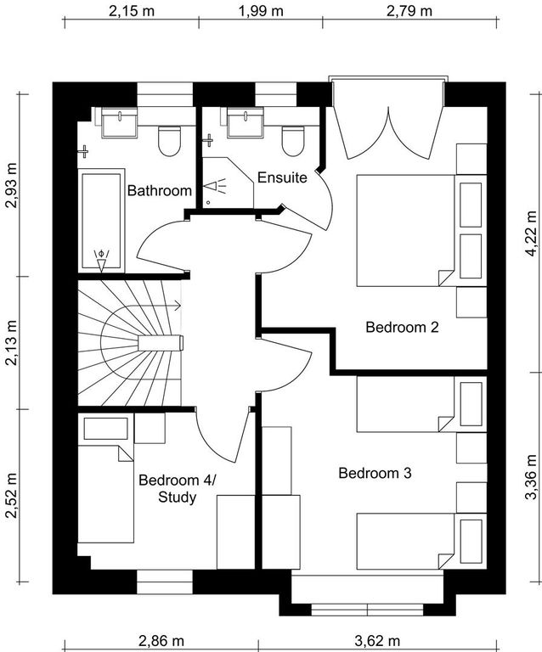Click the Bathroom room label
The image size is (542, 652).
tap(160, 190)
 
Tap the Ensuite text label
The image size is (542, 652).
tap(282, 177)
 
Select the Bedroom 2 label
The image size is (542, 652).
tap(402, 327)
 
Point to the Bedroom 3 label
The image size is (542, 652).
tap(375, 473)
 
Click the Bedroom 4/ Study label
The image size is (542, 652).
tap(178, 488)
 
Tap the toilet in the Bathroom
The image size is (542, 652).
tap(169, 141)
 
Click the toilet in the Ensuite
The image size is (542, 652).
tap(293, 141)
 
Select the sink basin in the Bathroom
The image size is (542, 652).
tap(120, 122)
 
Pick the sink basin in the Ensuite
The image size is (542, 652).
tap(245, 122)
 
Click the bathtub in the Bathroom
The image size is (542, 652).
tap(101, 221)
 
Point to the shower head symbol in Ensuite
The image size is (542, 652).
tap(214, 186)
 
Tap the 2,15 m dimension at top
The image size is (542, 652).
tap(132, 11)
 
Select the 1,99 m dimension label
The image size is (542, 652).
tap(261, 11)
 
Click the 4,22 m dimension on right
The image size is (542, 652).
tap(531, 233)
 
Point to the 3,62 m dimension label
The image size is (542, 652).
tap(377, 641)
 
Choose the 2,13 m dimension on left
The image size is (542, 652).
tap(11, 343)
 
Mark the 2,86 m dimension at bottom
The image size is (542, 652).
tap(161, 641)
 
